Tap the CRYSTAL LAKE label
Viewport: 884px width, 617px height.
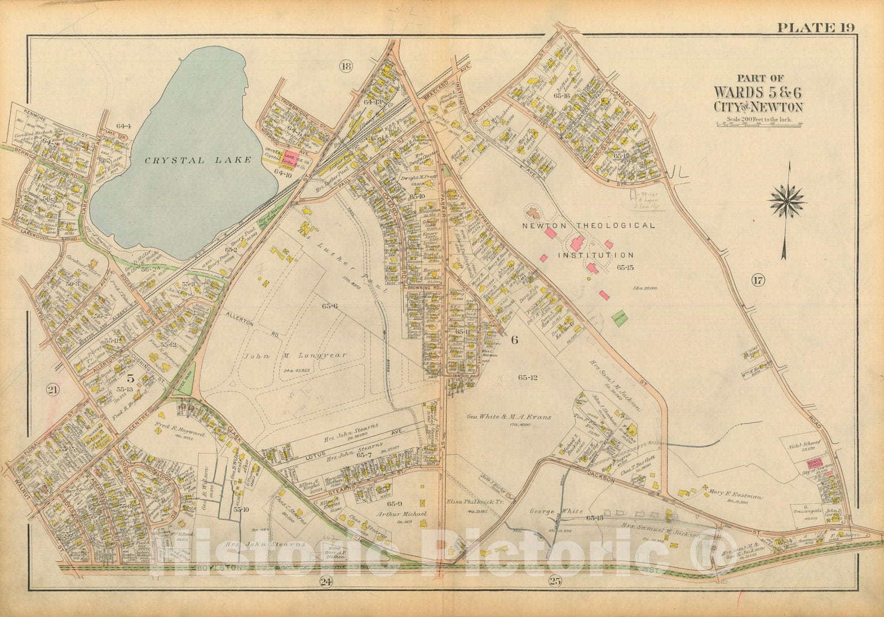(x=198, y=160)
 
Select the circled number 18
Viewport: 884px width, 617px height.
(x=346, y=67)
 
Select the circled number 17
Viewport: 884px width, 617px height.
(x=757, y=280)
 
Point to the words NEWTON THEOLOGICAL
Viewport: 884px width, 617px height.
(x=588, y=225)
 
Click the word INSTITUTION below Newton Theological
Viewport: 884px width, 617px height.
(x=596, y=255)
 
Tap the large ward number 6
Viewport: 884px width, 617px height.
(x=514, y=340)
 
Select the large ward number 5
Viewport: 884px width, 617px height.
(x=130, y=379)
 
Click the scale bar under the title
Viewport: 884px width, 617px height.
(x=758, y=125)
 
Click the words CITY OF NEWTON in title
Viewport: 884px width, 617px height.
(x=758, y=107)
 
